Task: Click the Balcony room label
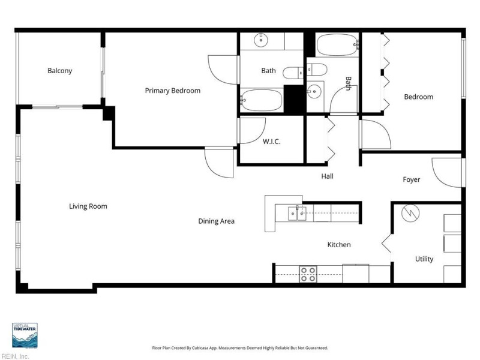(x=59, y=71)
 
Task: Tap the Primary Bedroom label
(x=173, y=91)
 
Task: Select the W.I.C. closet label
(x=272, y=142)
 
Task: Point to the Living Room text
(x=88, y=206)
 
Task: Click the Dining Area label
(x=217, y=221)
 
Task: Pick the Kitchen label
(x=339, y=245)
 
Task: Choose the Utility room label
(x=424, y=259)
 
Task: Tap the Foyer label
(x=412, y=179)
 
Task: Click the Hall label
(x=327, y=176)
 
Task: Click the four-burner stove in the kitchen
(x=308, y=274)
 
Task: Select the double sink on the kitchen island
(x=297, y=214)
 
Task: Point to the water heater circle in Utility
(x=410, y=213)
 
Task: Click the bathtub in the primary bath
(x=261, y=100)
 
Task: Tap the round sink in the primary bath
(x=261, y=40)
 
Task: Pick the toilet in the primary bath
(x=293, y=73)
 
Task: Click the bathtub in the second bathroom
(x=337, y=44)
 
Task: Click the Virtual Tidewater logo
(x=25, y=335)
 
